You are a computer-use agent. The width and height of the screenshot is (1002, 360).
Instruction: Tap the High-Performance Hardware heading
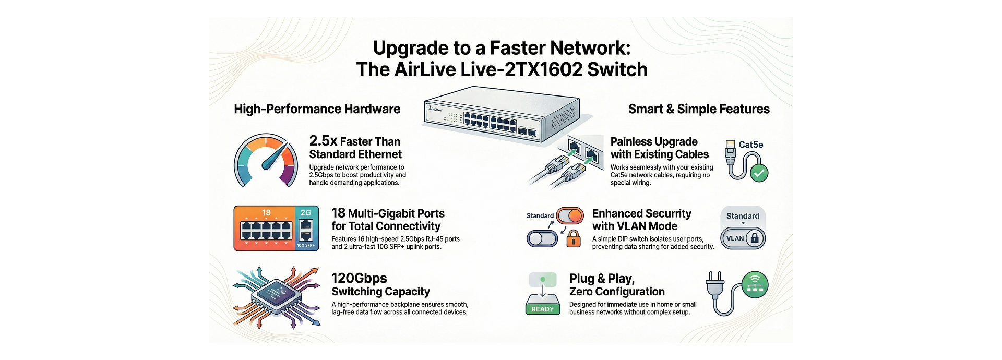point(317,109)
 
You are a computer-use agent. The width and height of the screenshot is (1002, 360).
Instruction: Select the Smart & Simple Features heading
point(698,109)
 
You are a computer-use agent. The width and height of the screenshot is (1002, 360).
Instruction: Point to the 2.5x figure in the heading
point(323,141)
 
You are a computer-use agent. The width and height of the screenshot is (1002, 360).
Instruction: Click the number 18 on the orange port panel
point(266,213)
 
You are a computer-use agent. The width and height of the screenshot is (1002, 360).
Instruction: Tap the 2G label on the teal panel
point(306,213)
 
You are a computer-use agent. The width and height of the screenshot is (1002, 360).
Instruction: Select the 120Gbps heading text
point(359,278)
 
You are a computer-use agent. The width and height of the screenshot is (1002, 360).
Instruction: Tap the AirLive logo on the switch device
point(435,109)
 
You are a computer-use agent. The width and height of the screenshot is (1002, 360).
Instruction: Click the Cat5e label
point(750,145)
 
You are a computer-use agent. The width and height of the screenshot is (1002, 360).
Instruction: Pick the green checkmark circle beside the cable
point(759,173)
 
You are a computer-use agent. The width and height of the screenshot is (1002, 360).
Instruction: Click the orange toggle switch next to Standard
point(570,215)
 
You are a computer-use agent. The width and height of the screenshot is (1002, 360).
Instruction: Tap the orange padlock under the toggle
point(574,239)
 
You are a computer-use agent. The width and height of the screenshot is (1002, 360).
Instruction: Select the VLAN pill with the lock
point(743,238)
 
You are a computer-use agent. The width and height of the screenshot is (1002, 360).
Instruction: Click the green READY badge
point(542,309)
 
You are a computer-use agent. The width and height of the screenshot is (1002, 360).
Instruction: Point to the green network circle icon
point(755,284)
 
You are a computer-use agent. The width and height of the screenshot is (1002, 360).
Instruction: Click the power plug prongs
point(714,278)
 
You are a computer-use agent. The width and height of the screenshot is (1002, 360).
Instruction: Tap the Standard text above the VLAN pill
point(743,216)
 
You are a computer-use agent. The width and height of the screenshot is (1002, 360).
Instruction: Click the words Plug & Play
point(602,279)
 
